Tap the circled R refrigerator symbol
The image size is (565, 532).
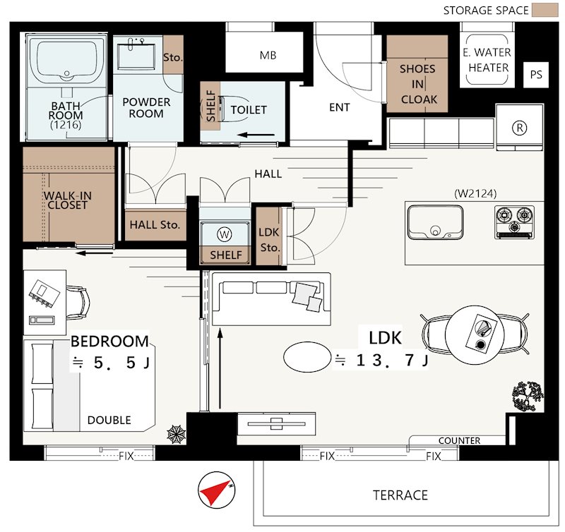[519, 128]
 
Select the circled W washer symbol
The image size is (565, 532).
[224, 234]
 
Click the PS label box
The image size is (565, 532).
[536, 75]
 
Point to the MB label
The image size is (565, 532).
[268, 55]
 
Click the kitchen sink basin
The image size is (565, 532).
[435, 222]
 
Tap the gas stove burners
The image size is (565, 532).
[515, 222]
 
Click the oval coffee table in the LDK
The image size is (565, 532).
[307, 357]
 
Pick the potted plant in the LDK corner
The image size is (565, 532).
[528, 396]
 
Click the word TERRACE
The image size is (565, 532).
[400, 495]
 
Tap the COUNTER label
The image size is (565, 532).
[460, 440]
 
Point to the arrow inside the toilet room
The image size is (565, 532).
[256, 135]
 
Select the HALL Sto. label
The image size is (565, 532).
[155, 225]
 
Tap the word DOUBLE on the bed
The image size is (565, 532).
[109, 420]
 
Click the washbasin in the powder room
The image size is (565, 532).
[136, 56]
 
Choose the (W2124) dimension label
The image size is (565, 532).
[475, 193]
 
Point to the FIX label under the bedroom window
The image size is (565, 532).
[126, 457]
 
